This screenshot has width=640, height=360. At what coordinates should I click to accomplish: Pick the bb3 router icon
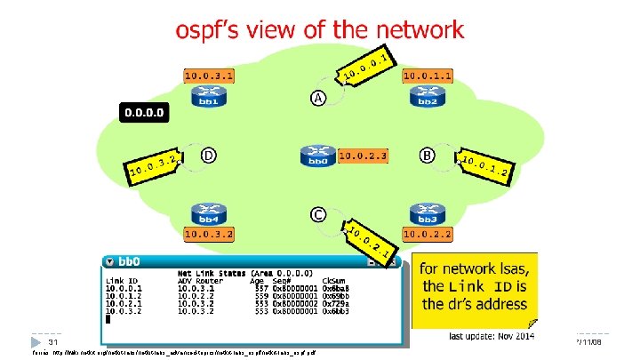coord(427,214)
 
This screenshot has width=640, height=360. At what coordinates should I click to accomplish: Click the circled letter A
coord(317,97)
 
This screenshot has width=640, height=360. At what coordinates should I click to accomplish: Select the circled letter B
coord(428,156)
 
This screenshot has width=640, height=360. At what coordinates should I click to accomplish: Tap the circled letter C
coord(317,214)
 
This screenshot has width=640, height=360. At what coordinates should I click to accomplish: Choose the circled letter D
coord(207,156)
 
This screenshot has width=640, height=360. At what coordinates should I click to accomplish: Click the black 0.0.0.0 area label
coord(142,113)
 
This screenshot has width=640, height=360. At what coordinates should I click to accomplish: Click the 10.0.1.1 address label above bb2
coord(428,76)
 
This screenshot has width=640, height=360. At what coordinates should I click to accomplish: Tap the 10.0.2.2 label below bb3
coord(428,234)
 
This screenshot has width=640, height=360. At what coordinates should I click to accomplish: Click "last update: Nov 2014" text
coord(489,335)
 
